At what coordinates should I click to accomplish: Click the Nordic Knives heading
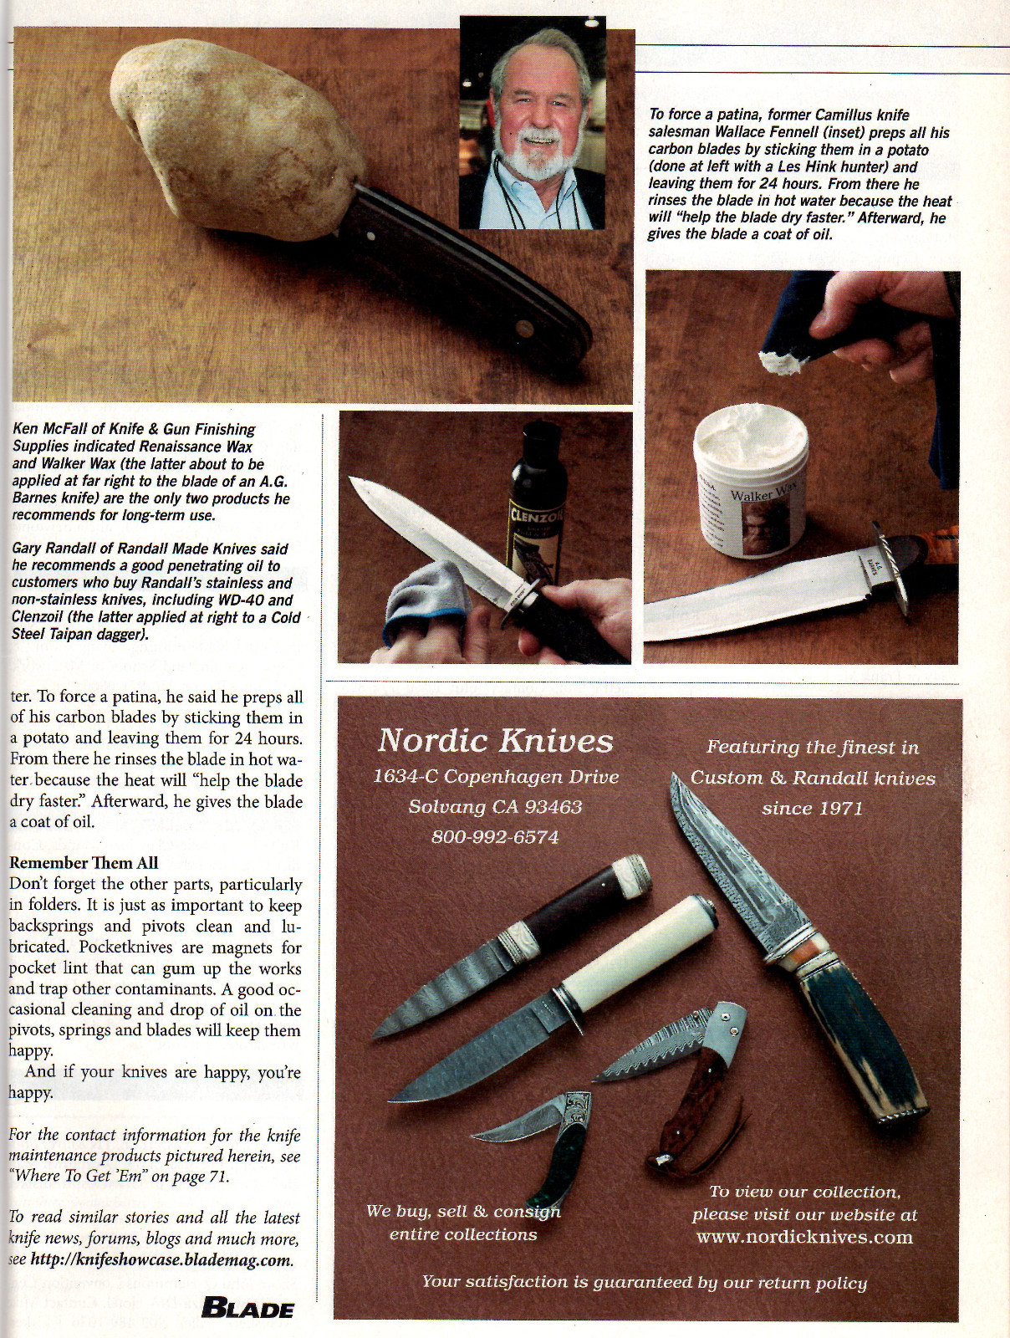click(x=496, y=741)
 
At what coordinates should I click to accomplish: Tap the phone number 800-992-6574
click(x=495, y=837)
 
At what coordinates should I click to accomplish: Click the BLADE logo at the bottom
click(x=247, y=1309)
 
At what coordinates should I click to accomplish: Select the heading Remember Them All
click(x=84, y=863)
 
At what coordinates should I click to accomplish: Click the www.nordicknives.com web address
click(x=804, y=1237)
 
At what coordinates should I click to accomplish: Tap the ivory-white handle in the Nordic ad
click(x=635, y=945)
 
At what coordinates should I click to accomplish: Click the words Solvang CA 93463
click(x=495, y=807)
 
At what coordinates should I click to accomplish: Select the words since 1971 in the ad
click(x=812, y=809)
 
